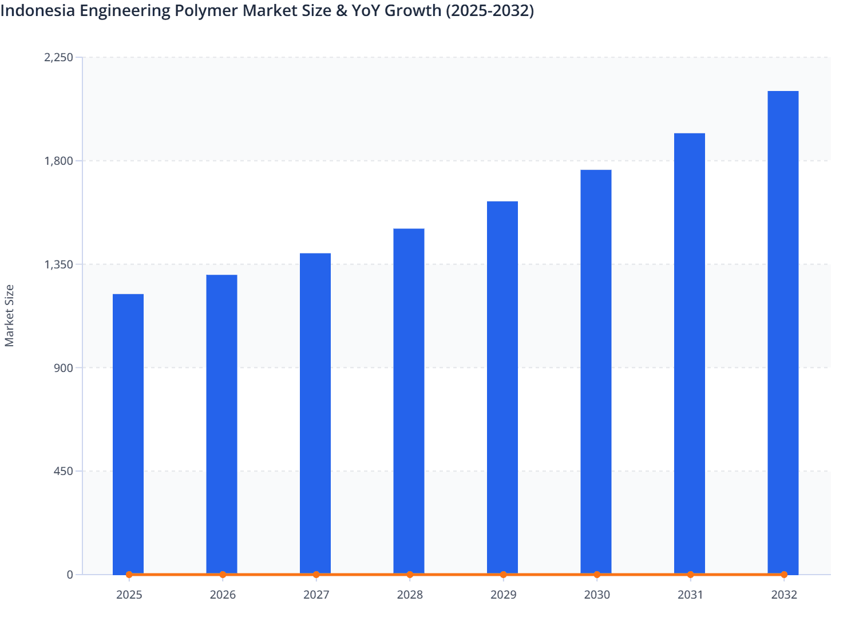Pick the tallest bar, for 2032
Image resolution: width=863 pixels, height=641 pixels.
[783, 332]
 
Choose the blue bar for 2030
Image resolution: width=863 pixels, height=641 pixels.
[596, 372]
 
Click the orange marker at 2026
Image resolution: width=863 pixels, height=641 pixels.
[223, 575]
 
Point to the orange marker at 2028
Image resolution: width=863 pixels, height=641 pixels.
[410, 575]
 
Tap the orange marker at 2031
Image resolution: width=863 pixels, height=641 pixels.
[690, 575]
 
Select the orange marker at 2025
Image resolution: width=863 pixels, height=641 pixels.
[129, 575]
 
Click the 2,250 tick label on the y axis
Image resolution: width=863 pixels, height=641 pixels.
[59, 57]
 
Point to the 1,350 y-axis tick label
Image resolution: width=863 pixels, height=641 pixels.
[59, 264]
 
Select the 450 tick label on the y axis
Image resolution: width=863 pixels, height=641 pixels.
[63, 471]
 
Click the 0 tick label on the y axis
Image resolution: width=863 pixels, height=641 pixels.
[70, 575]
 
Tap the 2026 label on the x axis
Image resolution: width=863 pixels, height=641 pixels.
[223, 595]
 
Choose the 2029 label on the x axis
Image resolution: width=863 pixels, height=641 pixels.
[503, 595]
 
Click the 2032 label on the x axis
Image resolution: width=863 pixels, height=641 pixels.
[783, 595]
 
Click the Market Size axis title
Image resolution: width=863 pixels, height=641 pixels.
[10, 315]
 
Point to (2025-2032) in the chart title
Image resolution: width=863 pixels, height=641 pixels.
[489, 10]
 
